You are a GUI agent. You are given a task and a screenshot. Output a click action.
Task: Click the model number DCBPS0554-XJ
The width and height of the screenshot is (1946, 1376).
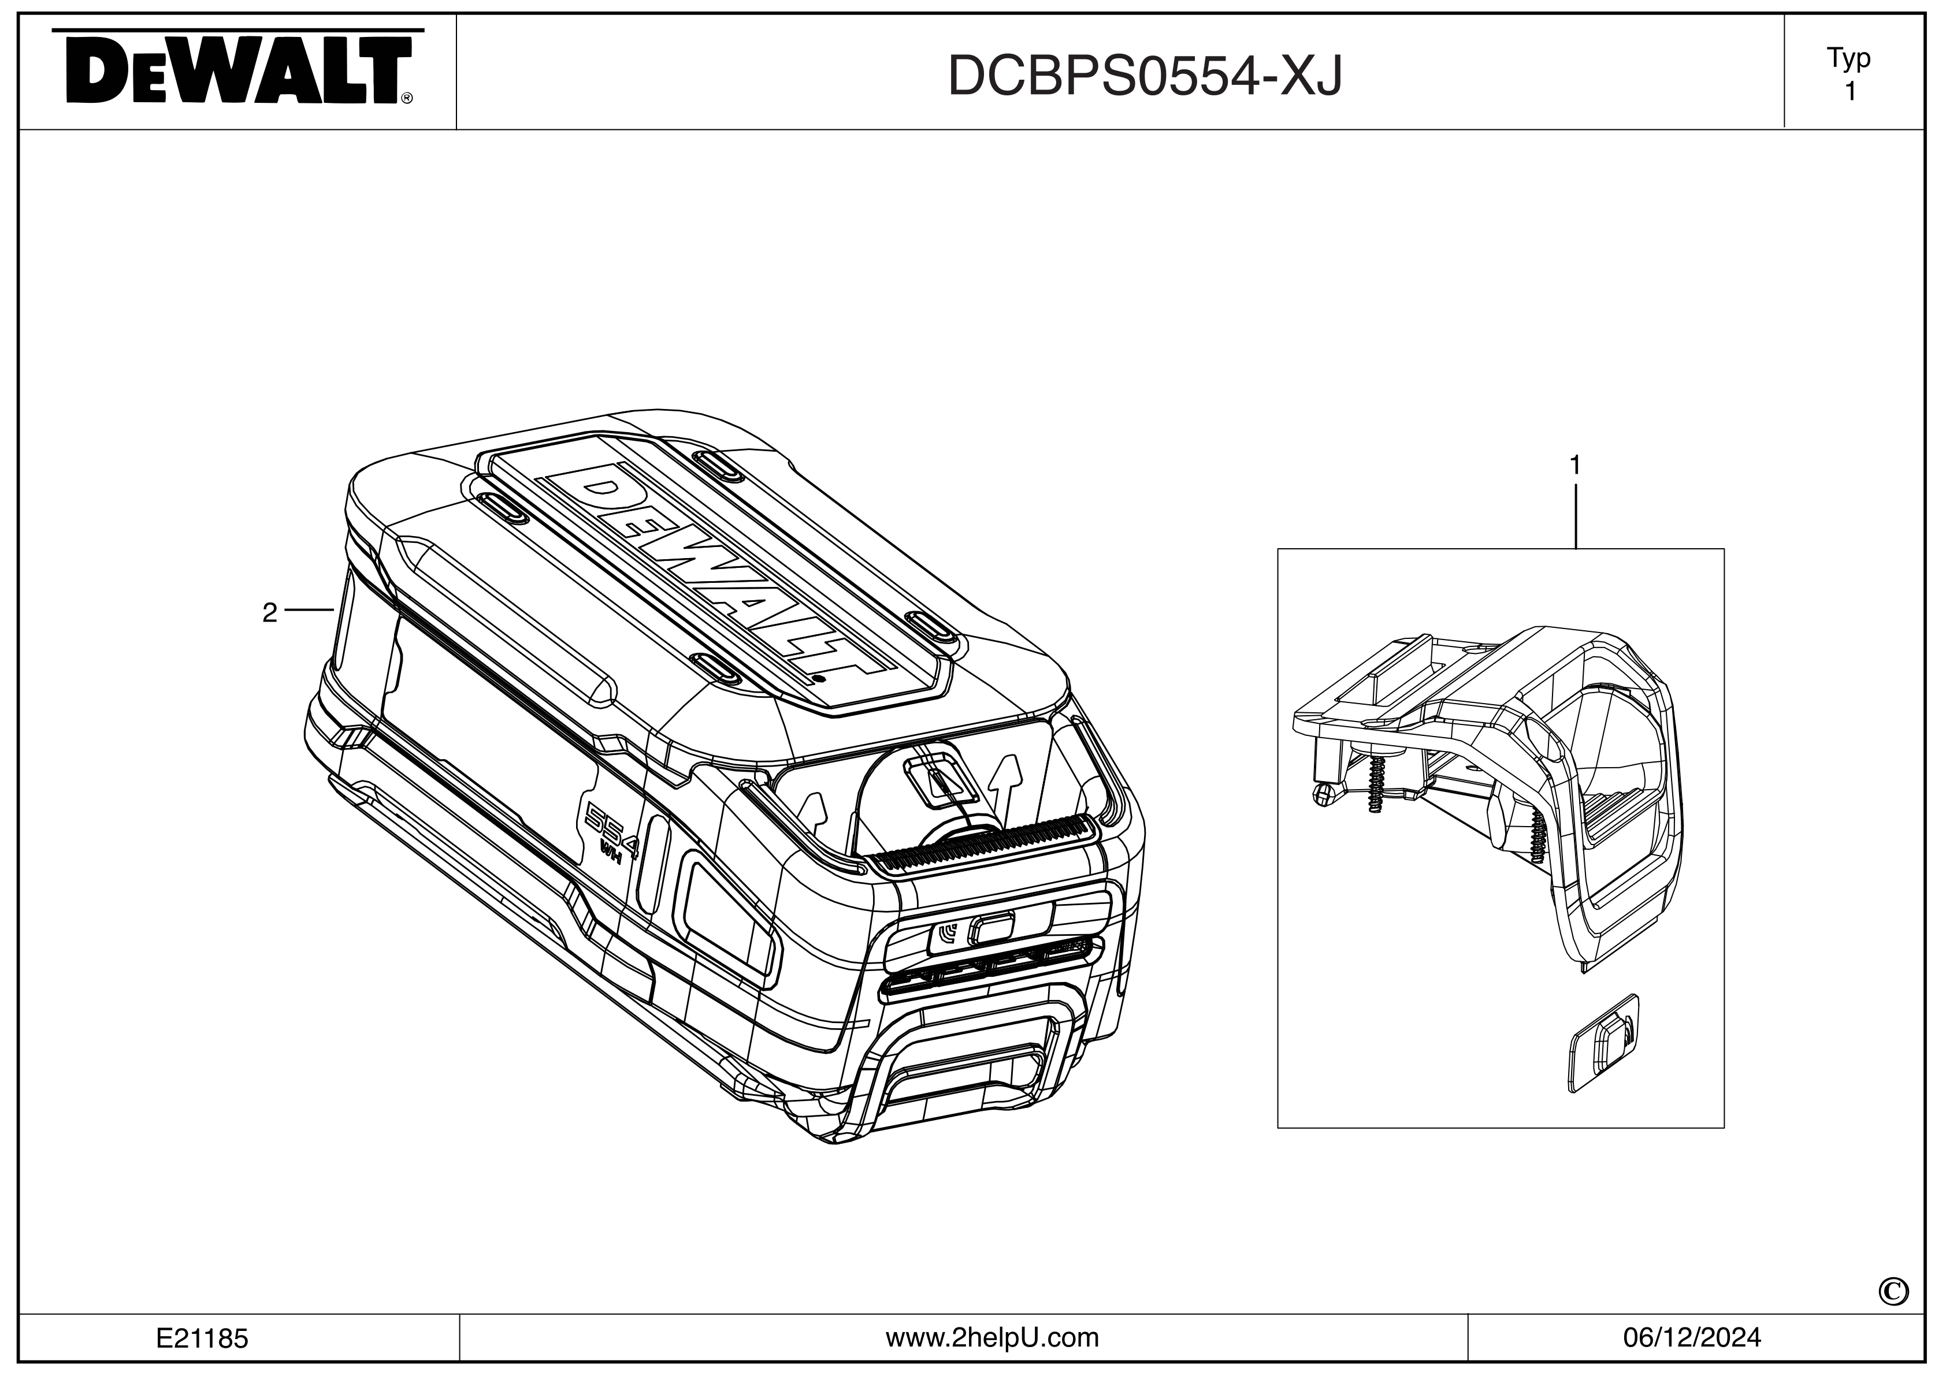1144,76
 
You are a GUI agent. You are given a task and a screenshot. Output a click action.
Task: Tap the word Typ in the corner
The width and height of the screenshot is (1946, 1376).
1848,58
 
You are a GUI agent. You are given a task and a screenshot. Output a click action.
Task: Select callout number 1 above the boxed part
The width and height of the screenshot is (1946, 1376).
1574,465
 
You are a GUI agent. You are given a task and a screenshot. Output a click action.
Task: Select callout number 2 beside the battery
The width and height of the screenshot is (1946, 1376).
269,612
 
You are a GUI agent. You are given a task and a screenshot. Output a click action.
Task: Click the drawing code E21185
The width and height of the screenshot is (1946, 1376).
202,1338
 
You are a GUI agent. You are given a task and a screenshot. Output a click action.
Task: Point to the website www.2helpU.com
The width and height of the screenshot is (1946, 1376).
991,1338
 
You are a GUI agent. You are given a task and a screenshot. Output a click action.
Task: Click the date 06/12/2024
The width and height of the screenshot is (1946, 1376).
1692,1338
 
